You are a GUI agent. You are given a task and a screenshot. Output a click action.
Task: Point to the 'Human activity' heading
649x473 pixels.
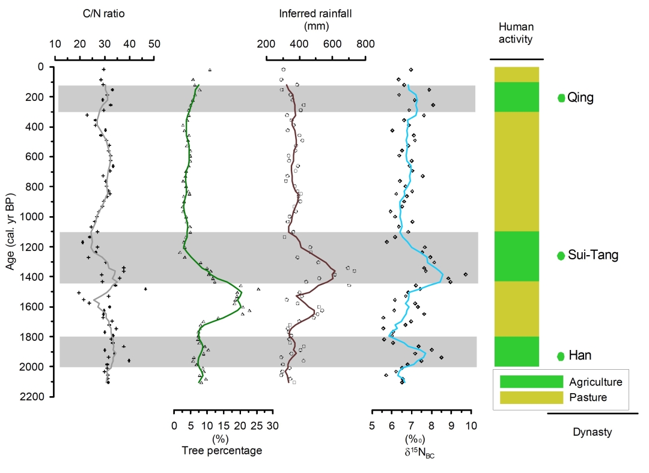[x=516, y=34]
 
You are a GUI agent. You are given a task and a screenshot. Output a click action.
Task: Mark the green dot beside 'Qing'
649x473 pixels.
[x=561, y=98]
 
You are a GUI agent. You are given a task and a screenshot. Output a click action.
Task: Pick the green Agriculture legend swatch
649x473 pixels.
[x=529, y=381]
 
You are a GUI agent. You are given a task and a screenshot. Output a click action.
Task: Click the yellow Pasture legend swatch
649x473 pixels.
[x=529, y=397]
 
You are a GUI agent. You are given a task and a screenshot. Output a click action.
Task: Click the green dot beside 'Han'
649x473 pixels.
[x=561, y=356]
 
